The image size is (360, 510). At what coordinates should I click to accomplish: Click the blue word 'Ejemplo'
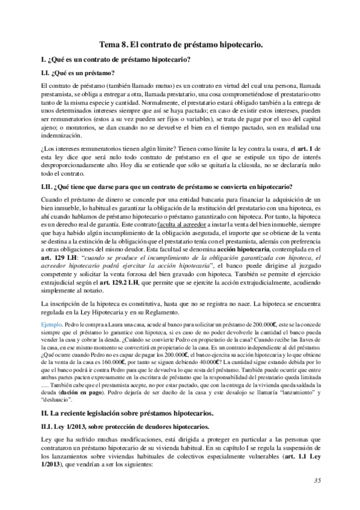49,324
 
